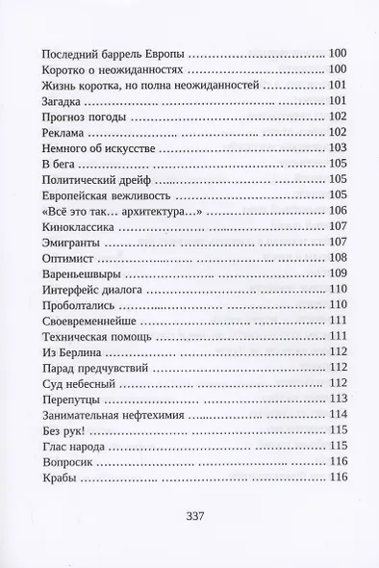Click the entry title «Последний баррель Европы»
[x=108, y=54]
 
